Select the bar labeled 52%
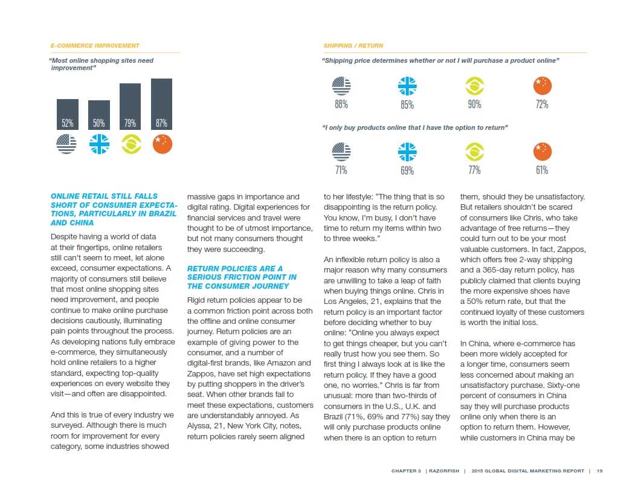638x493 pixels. click(67, 115)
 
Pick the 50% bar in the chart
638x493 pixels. click(98, 115)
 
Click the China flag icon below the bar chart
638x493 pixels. click(163, 144)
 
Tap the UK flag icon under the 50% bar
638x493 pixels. click(98, 144)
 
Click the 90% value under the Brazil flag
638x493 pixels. click(475, 105)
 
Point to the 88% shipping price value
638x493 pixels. click(341, 105)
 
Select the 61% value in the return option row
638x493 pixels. click(542, 170)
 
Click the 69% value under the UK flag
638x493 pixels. click(407, 170)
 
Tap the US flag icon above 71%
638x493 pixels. click(341, 151)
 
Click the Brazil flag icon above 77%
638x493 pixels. click(475, 151)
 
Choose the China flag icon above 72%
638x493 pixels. click(543, 86)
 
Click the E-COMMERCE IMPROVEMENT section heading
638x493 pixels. click(95, 46)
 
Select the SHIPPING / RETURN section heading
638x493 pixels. click(353, 46)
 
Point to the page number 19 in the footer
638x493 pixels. click(599, 471)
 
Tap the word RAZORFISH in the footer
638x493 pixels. click(443, 471)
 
